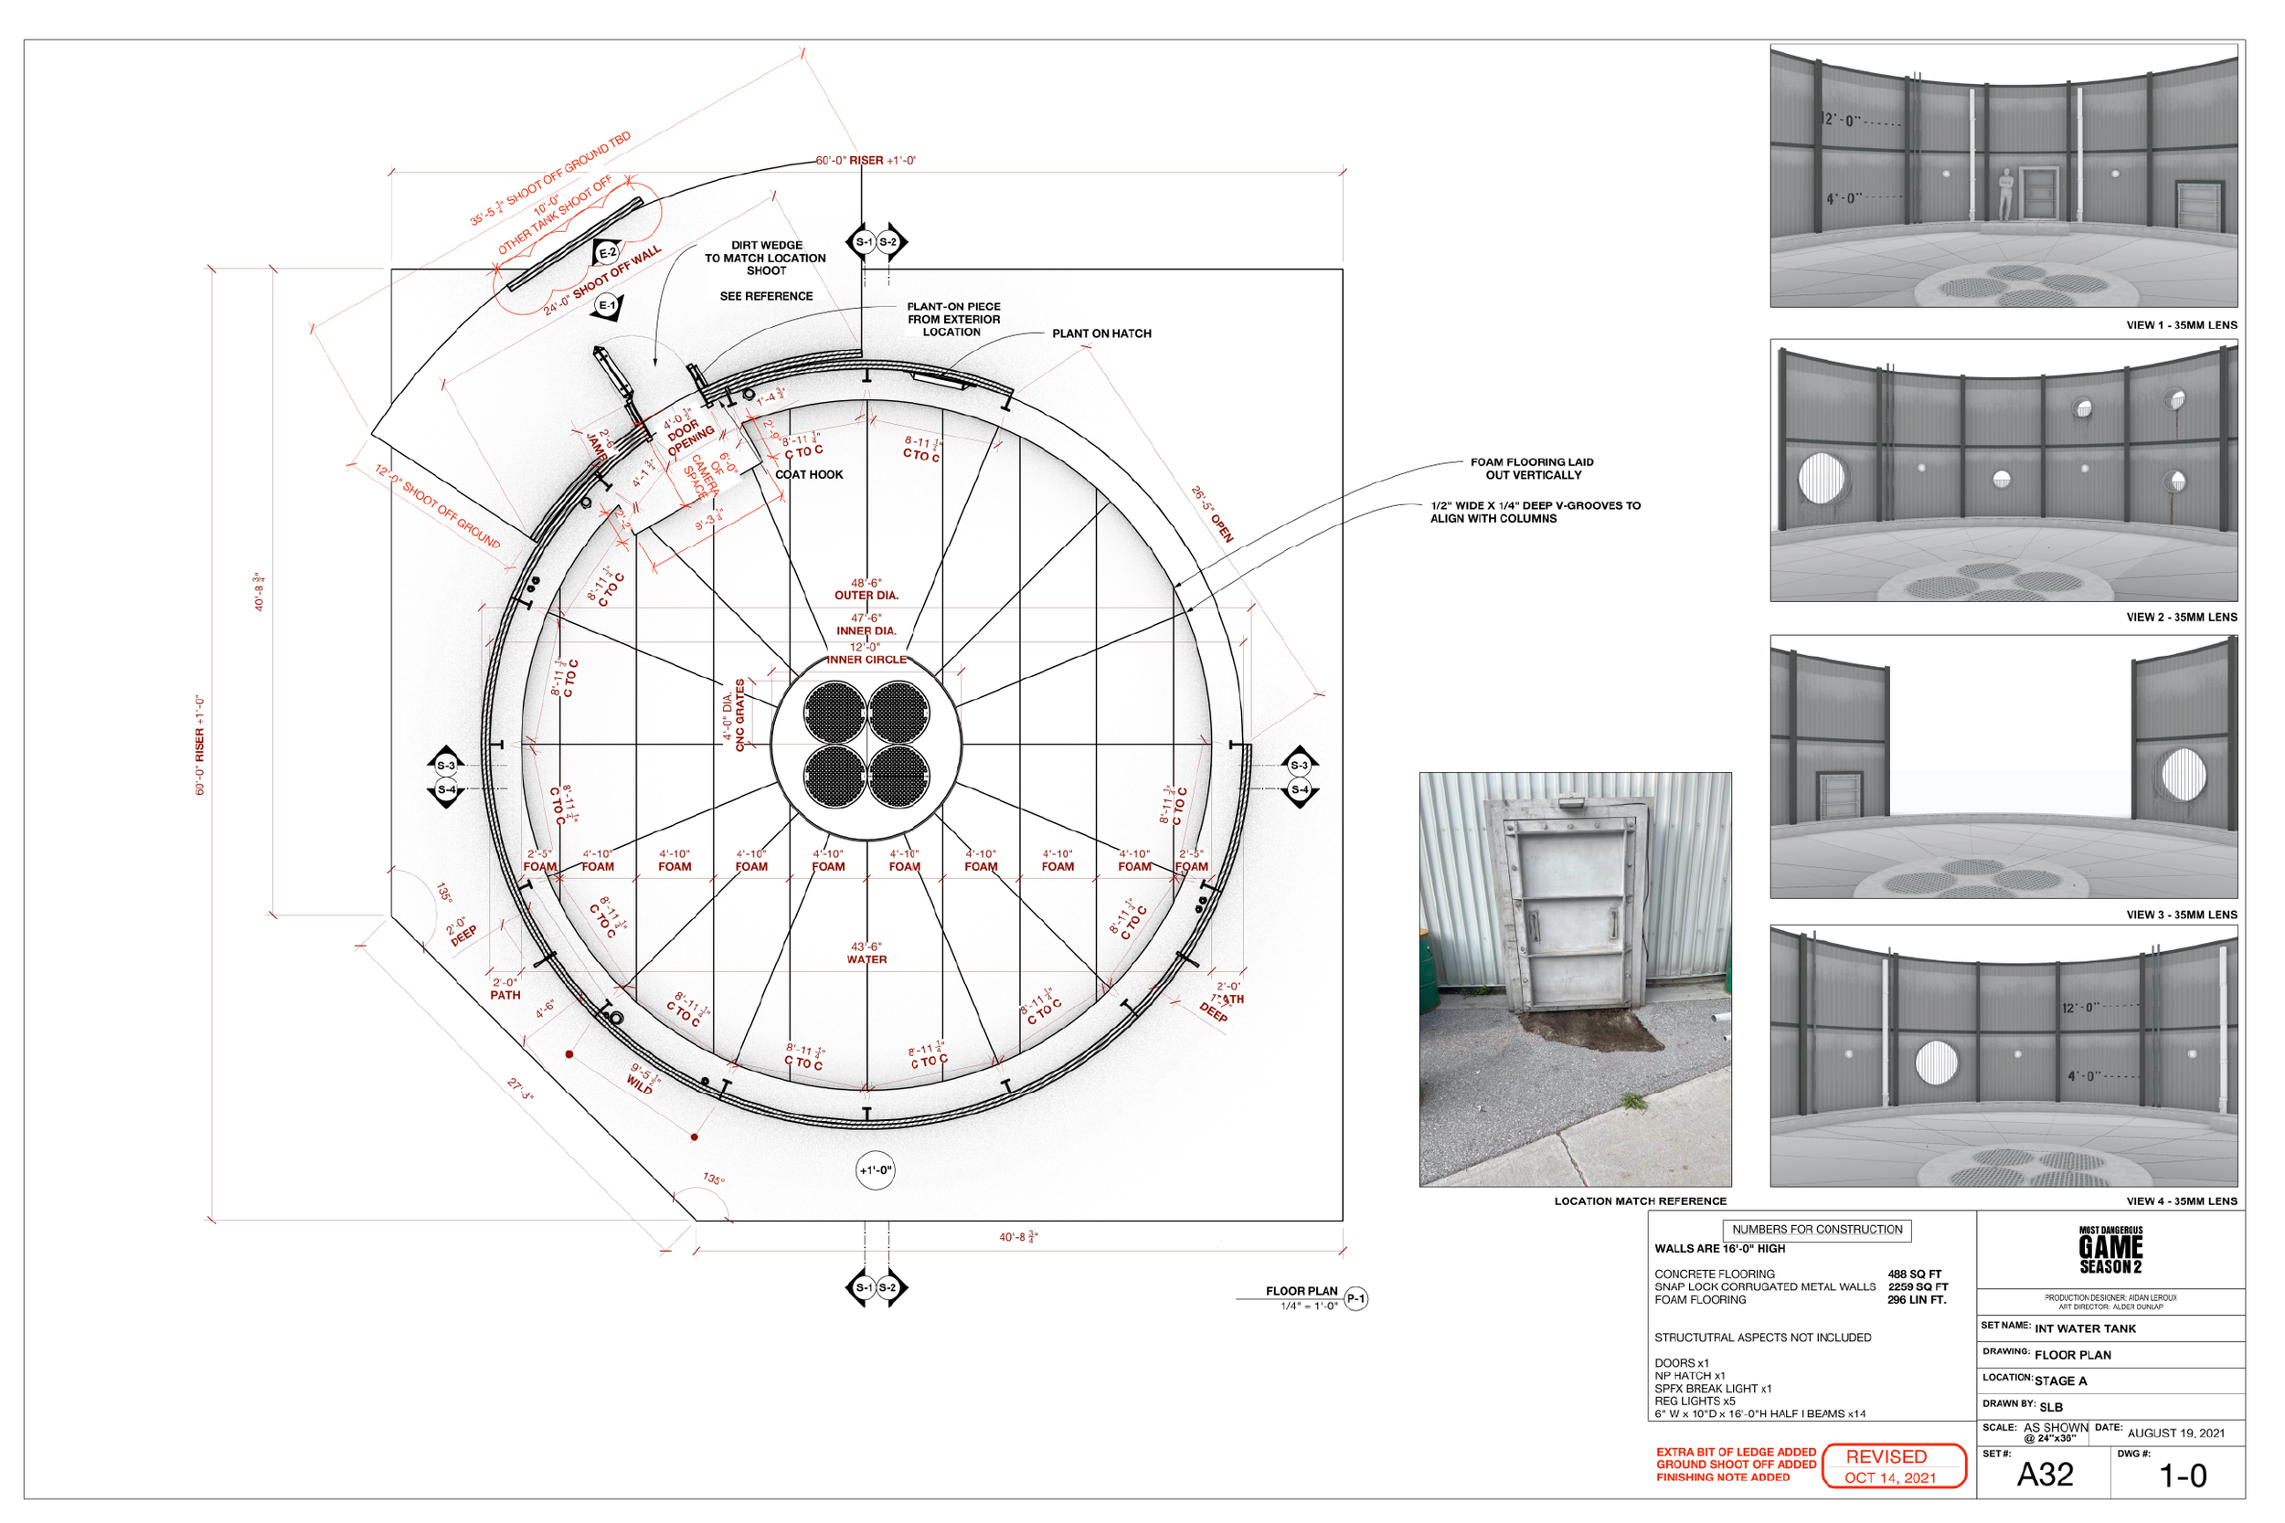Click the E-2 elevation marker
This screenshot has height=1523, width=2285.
tap(607, 252)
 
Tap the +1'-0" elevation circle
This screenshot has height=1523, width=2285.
tap(876, 1170)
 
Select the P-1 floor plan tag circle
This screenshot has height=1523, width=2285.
tap(1356, 1298)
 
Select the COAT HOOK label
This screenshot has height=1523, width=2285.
tap(808, 475)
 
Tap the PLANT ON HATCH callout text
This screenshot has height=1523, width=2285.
tap(1100, 333)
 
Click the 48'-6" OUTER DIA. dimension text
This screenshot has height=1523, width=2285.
tap(866, 589)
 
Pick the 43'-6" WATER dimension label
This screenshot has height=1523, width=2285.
tap(866, 953)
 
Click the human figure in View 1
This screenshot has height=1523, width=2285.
tap(2005, 194)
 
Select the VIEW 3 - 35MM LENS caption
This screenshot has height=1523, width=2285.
tap(2181, 915)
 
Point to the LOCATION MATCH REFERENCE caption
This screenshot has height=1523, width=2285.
tap(1640, 1201)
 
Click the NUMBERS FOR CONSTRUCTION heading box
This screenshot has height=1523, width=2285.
tap(1817, 1230)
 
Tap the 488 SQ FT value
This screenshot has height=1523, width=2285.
tap(1914, 1274)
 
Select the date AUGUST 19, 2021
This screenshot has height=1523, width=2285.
tap(2175, 1433)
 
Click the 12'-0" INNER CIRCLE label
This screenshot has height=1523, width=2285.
tap(866, 652)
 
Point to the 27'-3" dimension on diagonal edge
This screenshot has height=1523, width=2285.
tap(520, 1089)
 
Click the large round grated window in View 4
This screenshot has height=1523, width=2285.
tap(1936, 1063)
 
